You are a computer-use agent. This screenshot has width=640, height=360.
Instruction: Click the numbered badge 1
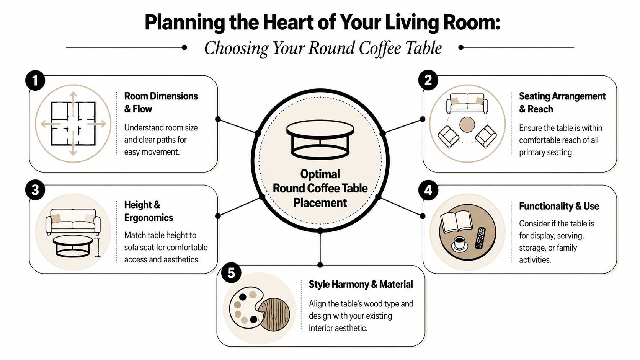point(35,81)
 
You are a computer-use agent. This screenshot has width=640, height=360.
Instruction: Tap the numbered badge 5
point(231,273)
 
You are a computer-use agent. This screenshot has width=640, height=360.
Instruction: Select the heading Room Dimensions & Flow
point(161,103)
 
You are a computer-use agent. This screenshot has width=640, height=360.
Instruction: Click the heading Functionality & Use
point(559,206)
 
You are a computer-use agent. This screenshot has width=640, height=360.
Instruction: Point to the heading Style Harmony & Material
point(361,285)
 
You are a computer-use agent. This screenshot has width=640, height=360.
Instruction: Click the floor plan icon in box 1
point(73,123)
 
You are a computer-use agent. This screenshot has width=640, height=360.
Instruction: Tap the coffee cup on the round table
point(459,243)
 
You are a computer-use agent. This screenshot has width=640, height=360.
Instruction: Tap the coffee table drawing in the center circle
point(320,140)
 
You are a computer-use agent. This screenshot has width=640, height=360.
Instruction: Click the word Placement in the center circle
point(320,203)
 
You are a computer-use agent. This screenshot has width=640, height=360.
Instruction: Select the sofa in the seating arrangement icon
point(467,103)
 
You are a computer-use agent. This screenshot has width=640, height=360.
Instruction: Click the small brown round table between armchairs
point(467,125)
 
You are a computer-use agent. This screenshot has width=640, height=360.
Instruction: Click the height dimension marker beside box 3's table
point(98,248)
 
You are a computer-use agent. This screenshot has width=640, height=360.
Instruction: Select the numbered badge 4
point(428,190)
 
